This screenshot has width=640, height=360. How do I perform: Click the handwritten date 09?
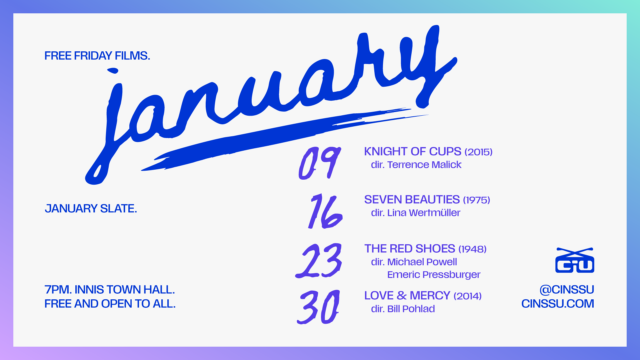point(319,163)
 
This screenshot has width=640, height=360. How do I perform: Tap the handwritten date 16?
point(325,211)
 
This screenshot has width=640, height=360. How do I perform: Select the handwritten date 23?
point(319,261)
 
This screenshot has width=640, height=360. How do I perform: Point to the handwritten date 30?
point(319,307)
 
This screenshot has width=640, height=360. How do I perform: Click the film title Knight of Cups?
point(413,152)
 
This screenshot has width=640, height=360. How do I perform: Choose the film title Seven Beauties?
point(412,200)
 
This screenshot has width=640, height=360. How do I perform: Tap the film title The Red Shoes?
point(410,249)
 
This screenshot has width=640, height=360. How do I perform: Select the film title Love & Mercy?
point(407,296)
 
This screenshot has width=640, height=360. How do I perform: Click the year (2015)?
point(479,152)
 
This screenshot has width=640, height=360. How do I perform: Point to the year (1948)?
point(473,249)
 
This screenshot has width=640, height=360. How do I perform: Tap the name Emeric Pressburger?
point(434,275)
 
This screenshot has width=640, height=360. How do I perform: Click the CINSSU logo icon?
point(575,261)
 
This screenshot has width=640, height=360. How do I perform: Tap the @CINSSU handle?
point(567,290)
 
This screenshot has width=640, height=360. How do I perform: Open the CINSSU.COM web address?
point(558,304)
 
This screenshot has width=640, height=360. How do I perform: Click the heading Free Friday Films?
point(97,56)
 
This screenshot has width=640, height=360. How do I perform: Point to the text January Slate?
point(91,209)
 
